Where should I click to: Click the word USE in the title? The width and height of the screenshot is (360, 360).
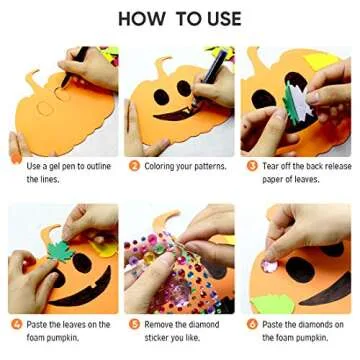220,19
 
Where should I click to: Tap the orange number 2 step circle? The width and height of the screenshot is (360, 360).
134,165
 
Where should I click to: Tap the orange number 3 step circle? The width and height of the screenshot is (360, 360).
252,165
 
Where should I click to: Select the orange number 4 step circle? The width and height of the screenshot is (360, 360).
16,324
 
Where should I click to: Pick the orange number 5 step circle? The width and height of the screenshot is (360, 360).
134,324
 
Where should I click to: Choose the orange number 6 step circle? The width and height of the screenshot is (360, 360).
252,324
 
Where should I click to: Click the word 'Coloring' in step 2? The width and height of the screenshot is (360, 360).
162,165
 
